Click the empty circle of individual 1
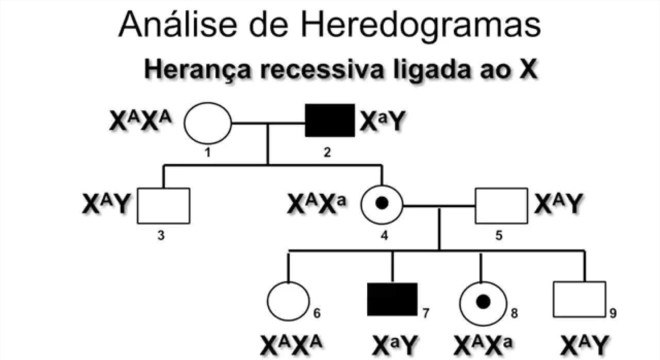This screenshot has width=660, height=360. click(208, 124)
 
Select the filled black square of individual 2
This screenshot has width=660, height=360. click(328, 123)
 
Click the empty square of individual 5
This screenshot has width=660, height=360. click(500, 205)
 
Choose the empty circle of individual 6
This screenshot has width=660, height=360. click(288, 301)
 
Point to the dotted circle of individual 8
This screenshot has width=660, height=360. click(482, 301)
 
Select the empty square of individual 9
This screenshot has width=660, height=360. click(580, 300)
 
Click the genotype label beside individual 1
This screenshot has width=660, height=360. click(146, 123)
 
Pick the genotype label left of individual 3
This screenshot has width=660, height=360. click(106, 205)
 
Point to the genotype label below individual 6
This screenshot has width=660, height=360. click(292, 343)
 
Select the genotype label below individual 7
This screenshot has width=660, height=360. click(394, 343)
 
